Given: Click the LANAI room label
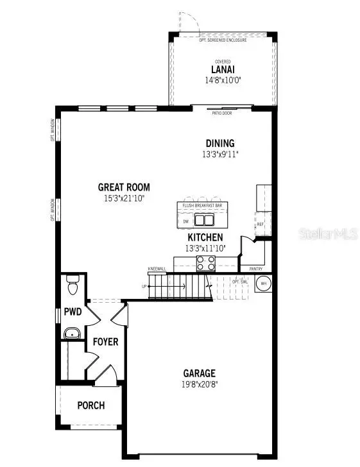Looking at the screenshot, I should pos(221,69).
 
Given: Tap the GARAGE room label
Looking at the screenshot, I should pos(199,373).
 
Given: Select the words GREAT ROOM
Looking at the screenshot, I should pos(124,187).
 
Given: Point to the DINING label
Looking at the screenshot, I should pos(220,143).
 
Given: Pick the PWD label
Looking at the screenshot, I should pos(72,312).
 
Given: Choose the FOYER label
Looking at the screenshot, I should pos(105,342).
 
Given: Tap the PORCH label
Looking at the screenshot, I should pos(90,405).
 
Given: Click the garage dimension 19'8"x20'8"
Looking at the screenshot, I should pos(199,385).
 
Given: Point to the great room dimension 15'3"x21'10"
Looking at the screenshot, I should pos(124,198).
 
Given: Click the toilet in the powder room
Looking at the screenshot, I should pos(73,284).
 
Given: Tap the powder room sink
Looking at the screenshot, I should pos(73,333).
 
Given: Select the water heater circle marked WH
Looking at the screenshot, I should pos(262,283).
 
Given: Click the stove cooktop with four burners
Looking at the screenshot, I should pos(205,262).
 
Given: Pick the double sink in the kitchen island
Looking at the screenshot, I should pos(205,221).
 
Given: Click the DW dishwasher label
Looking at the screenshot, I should pos(185,221).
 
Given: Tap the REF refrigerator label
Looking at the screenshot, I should pos(260,225).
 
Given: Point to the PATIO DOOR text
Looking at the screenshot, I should pos(222,113).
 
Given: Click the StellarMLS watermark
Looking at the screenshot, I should pos(327,235).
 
